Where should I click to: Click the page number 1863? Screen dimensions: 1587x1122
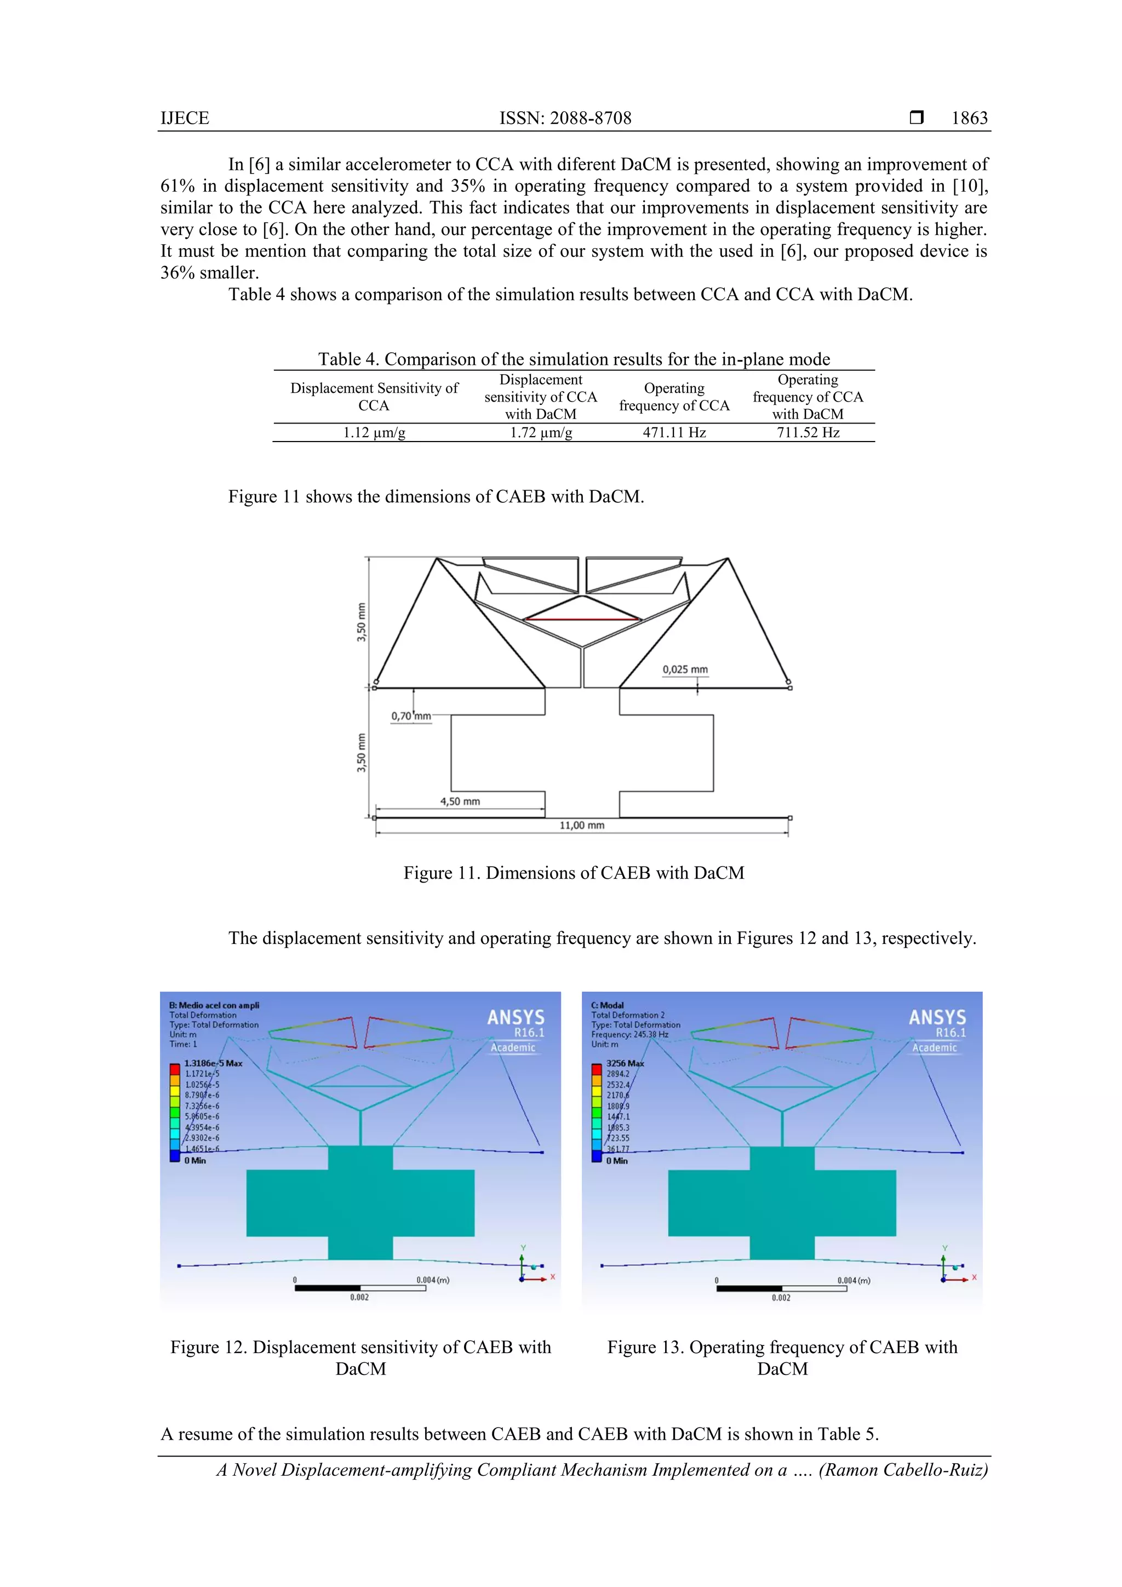click(969, 118)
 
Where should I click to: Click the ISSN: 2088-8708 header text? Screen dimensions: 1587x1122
click(565, 118)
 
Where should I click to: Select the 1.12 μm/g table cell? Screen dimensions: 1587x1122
click(374, 433)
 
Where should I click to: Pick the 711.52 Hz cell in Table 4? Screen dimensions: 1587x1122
click(808, 433)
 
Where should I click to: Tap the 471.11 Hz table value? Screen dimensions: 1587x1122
click(674, 433)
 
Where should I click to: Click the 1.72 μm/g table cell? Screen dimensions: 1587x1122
click(541, 433)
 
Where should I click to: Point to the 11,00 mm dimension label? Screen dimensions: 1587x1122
click(581, 826)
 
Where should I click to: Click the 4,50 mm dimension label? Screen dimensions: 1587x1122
click(460, 801)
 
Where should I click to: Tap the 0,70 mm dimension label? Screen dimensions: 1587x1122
click(411, 716)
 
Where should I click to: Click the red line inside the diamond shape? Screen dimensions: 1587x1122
click(583, 620)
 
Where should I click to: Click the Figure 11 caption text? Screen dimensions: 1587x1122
click(573, 873)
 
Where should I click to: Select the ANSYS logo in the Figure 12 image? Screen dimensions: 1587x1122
click(515, 1017)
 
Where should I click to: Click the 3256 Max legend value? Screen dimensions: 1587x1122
click(624, 1063)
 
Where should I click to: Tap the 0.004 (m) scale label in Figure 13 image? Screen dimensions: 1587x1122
click(853, 1280)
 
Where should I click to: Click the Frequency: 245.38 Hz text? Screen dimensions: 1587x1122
click(629, 1035)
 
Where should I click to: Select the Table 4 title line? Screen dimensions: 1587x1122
click(573, 359)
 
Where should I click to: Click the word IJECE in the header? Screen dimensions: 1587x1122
click(185, 118)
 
